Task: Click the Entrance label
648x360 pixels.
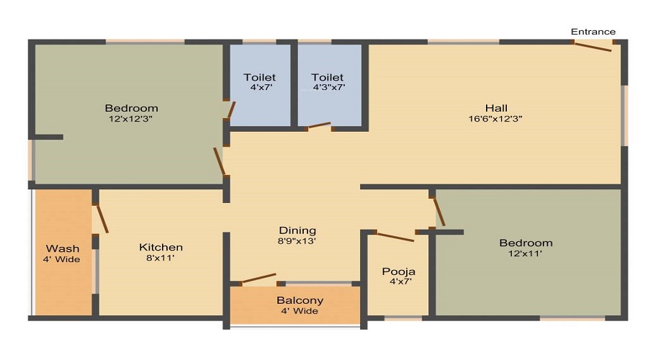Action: [x=593, y=32]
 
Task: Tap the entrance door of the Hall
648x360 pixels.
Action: [x=593, y=47]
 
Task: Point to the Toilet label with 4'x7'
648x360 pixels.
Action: [x=259, y=77]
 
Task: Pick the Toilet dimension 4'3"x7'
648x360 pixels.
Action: [x=328, y=88]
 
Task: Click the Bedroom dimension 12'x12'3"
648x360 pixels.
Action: [x=130, y=120]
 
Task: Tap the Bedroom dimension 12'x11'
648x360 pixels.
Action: [x=526, y=253]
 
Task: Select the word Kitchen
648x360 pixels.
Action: [x=161, y=247]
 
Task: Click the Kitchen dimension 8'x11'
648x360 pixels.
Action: [x=161, y=258]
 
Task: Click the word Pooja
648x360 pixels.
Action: [x=398, y=271]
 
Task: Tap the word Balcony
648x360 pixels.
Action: [x=300, y=300]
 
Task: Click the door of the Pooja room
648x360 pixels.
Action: [x=395, y=236]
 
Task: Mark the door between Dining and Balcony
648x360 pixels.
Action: [x=258, y=278]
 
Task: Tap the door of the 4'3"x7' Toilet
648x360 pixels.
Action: [x=318, y=127]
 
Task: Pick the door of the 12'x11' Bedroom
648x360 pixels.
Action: [x=438, y=211]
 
